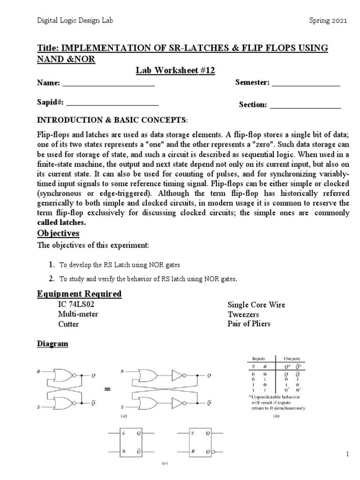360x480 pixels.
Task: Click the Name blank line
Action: pos(108,85)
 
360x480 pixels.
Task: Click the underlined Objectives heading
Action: pos(59,233)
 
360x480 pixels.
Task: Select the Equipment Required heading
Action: pos(79,294)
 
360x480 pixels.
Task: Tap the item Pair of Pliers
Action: pos(249,324)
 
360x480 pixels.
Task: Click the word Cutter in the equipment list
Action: pos(68,324)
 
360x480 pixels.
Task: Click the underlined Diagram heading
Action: pos(52,344)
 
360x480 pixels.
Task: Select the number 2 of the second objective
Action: pos(52,279)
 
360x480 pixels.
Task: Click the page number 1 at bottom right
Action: pos(347,454)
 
